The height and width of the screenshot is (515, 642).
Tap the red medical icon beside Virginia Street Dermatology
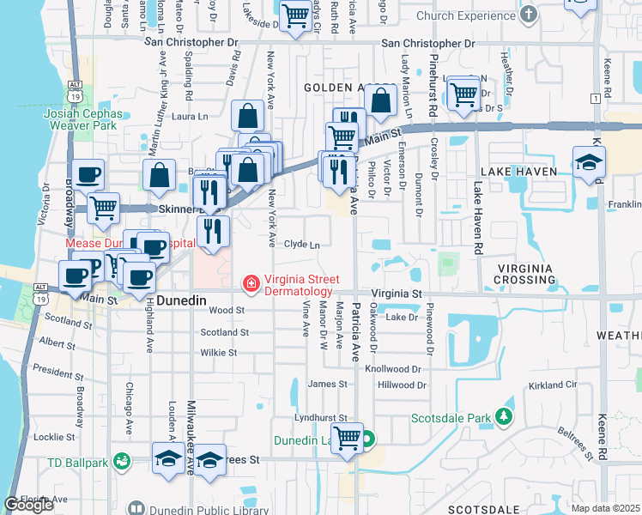click(x=251, y=282)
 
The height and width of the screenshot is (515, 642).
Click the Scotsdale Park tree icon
click(x=505, y=418)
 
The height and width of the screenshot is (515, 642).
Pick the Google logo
click(x=28, y=505)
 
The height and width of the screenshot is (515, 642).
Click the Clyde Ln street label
click(x=301, y=245)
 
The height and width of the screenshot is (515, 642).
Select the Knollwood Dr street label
click(x=395, y=368)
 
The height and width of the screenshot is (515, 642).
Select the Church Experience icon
click(x=529, y=15)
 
